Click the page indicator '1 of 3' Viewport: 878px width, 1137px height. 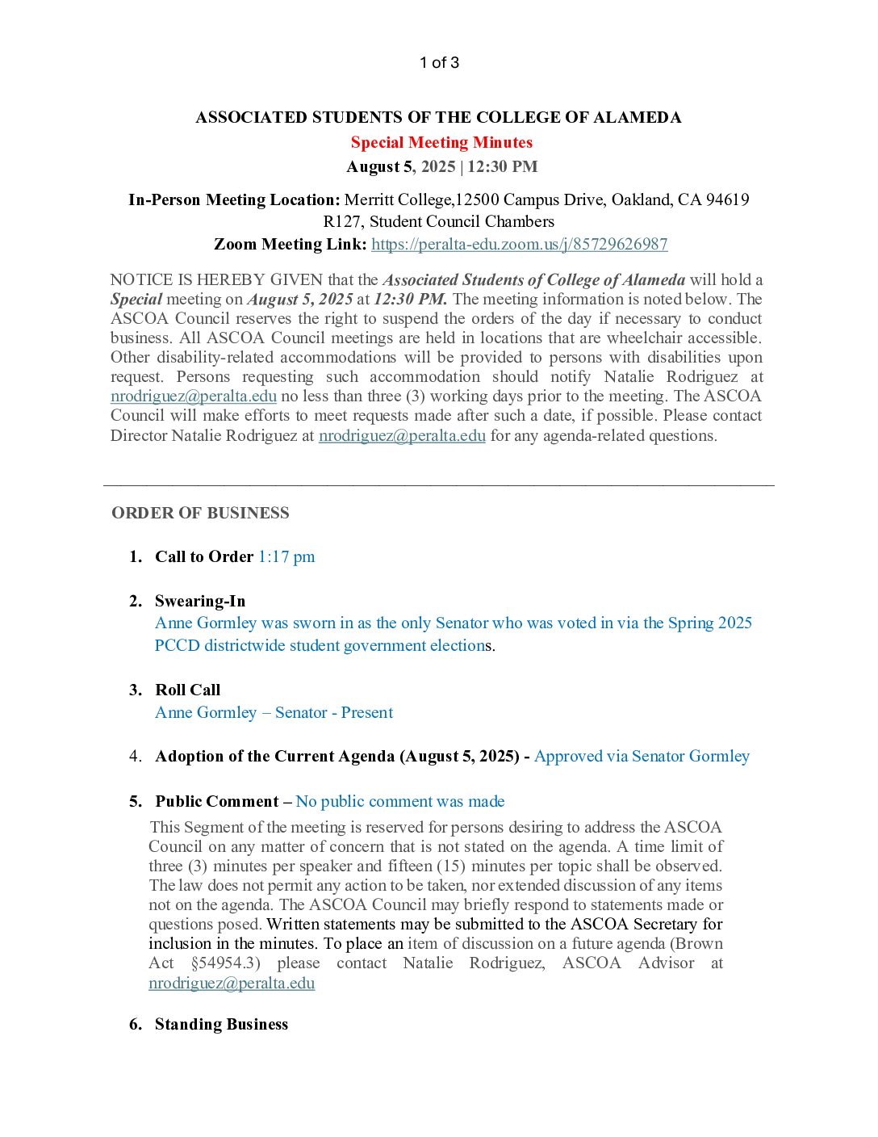coord(439,63)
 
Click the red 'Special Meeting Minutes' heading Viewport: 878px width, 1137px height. coord(441,143)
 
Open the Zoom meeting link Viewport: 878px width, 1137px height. coord(519,244)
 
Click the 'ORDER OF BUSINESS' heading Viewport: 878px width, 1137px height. coord(200,514)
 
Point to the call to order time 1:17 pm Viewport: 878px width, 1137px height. coord(286,557)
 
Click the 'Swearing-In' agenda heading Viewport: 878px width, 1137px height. coord(200,602)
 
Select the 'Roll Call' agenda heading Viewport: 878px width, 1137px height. coord(187,690)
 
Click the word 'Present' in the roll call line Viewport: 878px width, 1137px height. coord(366,713)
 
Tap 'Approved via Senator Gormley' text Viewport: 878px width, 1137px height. coord(642,757)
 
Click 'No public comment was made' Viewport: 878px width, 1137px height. coord(400,802)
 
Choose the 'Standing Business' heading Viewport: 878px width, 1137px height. coord(221,1025)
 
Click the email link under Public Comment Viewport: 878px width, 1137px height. coord(232,984)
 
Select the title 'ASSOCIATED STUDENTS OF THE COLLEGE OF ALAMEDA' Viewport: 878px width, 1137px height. coord(438,118)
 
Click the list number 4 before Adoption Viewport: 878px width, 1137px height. coord(135,757)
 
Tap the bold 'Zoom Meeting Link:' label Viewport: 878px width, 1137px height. coord(290,244)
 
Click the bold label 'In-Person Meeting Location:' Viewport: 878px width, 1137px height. coord(234,199)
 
